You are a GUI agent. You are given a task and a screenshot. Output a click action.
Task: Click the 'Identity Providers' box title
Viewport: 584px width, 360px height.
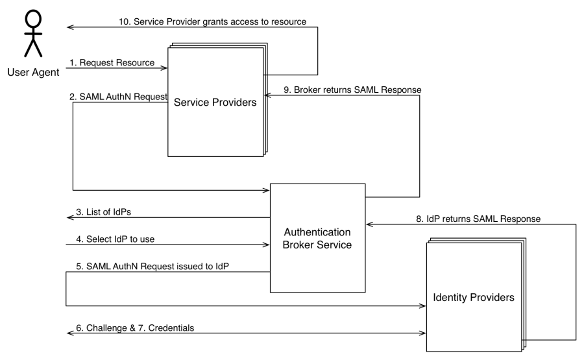tap(474, 297)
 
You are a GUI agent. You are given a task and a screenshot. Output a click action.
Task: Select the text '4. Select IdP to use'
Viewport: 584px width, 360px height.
tap(114, 239)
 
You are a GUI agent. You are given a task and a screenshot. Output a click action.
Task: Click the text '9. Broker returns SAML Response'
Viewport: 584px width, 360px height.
tap(350, 89)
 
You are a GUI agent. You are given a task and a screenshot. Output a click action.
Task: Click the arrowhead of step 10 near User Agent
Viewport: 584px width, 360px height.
tap(70, 28)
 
